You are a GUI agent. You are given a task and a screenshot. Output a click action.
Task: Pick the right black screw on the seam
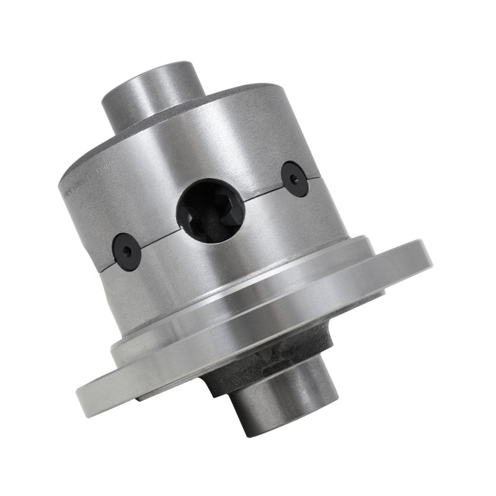(x=294, y=179)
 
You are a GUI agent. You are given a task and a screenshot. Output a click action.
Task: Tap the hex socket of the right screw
(x=294, y=179)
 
